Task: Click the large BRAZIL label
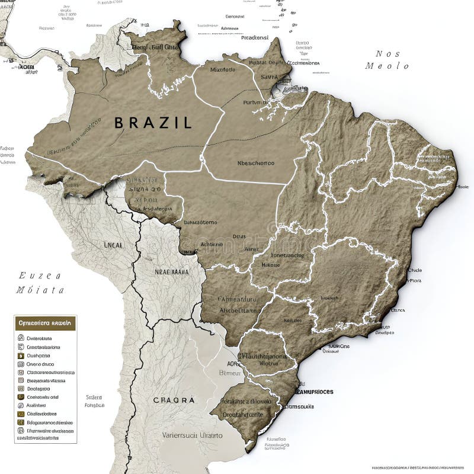pos(153,123)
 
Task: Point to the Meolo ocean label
pos(387,66)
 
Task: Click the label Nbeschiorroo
pos(255,163)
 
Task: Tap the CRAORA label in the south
pos(174,400)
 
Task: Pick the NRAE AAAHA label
pos(171,273)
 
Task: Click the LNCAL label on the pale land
pos(113,244)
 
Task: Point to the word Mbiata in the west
pos(40,290)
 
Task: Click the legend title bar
pos(45,324)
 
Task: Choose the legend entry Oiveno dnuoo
pos(40,364)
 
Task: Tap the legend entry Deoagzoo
pos(39,389)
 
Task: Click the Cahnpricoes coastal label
pos(314,392)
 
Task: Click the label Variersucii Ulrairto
pos(193,435)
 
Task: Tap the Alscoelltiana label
pos(238,309)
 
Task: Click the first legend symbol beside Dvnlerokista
pos(21,338)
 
